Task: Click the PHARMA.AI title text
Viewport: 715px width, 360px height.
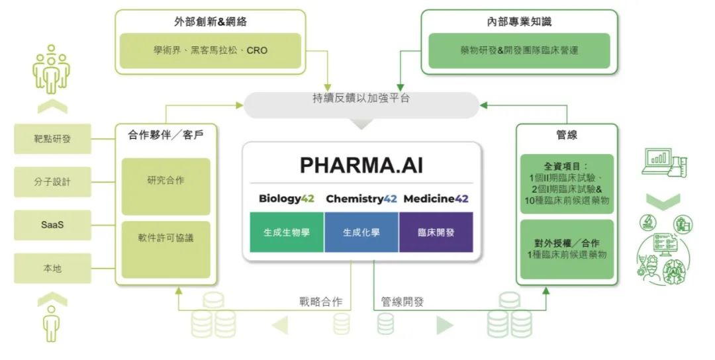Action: coord(361,165)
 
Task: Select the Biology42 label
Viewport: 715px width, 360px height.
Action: coord(287,199)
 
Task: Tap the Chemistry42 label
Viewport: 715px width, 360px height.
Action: coord(361,199)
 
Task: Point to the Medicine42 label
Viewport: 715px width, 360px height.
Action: coord(436,199)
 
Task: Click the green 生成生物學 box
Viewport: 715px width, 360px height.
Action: coord(287,232)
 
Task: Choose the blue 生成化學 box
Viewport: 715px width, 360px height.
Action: coord(361,232)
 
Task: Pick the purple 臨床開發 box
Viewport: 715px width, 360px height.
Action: coord(436,232)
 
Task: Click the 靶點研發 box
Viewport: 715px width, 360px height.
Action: coord(52,138)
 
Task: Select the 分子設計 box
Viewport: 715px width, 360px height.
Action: coord(52,182)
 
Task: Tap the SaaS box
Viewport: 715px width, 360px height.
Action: coord(52,224)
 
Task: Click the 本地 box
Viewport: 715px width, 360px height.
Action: coord(52,269)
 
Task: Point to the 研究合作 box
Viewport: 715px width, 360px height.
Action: coord(166,187)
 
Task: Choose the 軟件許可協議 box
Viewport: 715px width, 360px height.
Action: coord(166,249)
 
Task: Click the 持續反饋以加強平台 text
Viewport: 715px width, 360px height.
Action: coord(361,98)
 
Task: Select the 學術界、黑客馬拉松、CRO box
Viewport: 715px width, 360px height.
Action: coord(211,50)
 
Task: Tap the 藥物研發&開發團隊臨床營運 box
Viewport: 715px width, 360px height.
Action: coord(520,50)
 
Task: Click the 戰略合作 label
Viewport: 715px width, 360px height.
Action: coord(320,302)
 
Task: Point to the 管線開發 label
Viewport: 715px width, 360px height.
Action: coord(403,302)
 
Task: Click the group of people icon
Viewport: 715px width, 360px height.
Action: coord(51,69)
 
